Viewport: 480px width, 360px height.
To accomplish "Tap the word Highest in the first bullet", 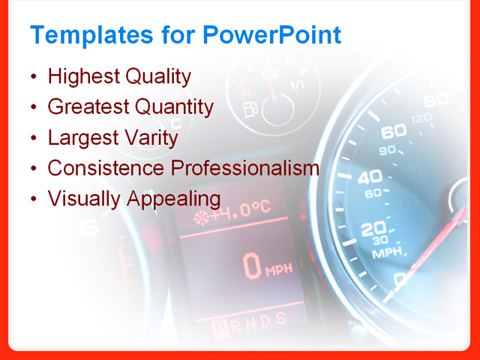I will [82, 76].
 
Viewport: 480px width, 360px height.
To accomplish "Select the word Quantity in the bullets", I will [174, 107].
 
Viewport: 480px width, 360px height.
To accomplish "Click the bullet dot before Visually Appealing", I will [34, 199].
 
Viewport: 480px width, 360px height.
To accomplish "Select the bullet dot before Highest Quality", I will [34, 77].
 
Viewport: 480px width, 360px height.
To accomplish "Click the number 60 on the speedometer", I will [393, 133].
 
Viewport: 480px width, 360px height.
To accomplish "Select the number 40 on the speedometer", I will [369, 177].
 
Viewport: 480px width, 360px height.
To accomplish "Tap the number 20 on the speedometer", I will [373, 229].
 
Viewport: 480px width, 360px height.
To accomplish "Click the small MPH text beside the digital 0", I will [278, 270].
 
